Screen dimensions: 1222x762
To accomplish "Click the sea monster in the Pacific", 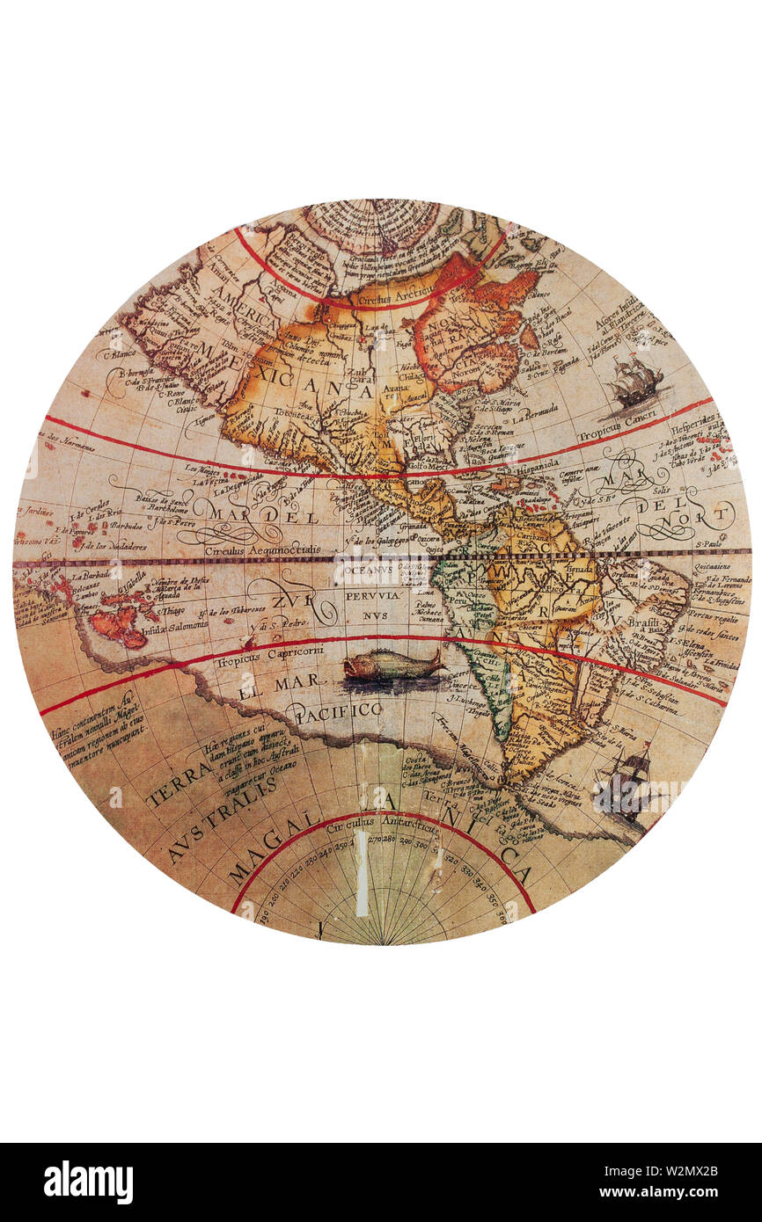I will (392, 666).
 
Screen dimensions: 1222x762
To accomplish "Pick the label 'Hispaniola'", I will (526, 469).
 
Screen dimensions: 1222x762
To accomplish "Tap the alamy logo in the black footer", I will (88, 1182).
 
